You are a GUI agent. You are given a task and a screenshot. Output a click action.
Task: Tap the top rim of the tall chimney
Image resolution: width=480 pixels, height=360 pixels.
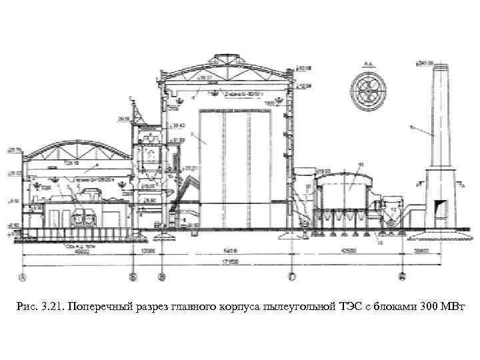click(439, 65)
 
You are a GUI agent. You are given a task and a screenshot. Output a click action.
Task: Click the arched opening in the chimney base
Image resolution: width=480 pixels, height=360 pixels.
click(441, 207)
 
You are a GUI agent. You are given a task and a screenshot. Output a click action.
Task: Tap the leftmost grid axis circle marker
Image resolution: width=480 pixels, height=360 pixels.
click(23, 276)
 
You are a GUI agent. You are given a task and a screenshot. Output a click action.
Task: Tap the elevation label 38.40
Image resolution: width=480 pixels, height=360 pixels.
click(177, 125)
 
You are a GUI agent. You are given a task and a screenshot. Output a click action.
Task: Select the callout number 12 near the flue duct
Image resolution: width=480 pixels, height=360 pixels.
click(394, 209)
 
